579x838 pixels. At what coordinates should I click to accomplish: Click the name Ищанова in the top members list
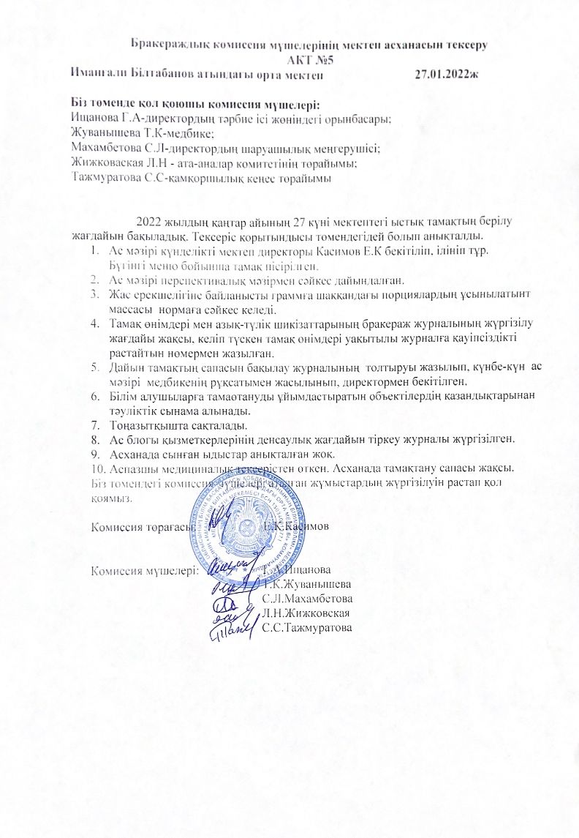pos(96,118)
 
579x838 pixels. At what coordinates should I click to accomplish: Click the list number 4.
pos(94,322)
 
